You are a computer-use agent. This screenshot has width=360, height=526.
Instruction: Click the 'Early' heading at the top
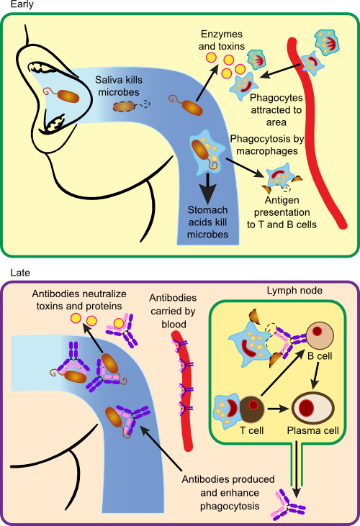(12, 4)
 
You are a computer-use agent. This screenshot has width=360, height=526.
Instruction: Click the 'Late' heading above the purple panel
(11, 273)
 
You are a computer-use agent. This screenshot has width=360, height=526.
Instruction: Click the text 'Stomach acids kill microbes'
(208, 222)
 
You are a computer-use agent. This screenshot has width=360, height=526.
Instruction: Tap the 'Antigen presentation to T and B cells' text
(282, 213)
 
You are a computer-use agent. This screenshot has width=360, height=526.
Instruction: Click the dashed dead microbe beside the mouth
(129, 106)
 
